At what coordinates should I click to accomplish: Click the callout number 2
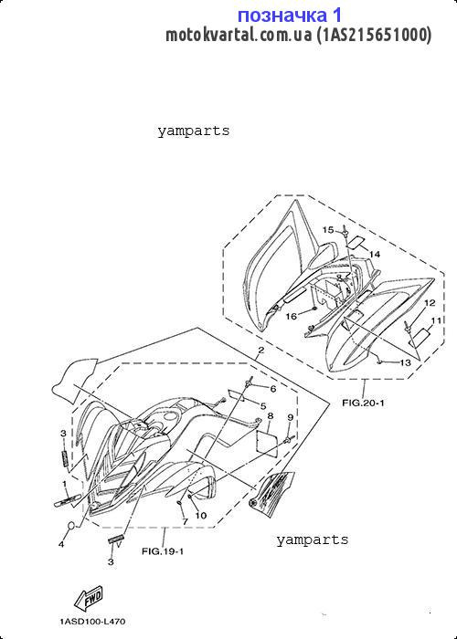(x=260, y=350)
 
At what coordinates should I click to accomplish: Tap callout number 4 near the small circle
(x=61, y=544)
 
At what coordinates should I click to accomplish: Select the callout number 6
(x=273, y=389)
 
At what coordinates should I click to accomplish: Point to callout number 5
(x=263, y=406)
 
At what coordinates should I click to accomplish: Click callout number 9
(x=290, y=417)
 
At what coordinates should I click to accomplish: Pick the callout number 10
(x=201, y=516)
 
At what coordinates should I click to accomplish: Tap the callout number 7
(x=185, y=521)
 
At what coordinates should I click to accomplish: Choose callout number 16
(x=292, y=316)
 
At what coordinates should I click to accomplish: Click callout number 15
(x=328, y=230)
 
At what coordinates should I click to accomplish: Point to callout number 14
(x=375, y=255)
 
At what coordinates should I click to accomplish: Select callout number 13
(x=405, y=362)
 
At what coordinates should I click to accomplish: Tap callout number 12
(x=430, y=303)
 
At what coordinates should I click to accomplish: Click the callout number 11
(x=437, y=320)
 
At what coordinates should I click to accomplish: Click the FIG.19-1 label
(x=163, y=551)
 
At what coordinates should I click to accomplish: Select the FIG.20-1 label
(x=363, y=403)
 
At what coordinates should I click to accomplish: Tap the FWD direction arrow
(x=88, y=599)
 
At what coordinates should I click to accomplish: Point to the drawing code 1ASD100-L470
(x=92, y=622)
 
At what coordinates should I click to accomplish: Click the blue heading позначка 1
(x=290, y=16)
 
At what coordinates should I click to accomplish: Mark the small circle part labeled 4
(x=71, y=526)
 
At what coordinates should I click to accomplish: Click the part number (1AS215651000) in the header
(x=374, y=36)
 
